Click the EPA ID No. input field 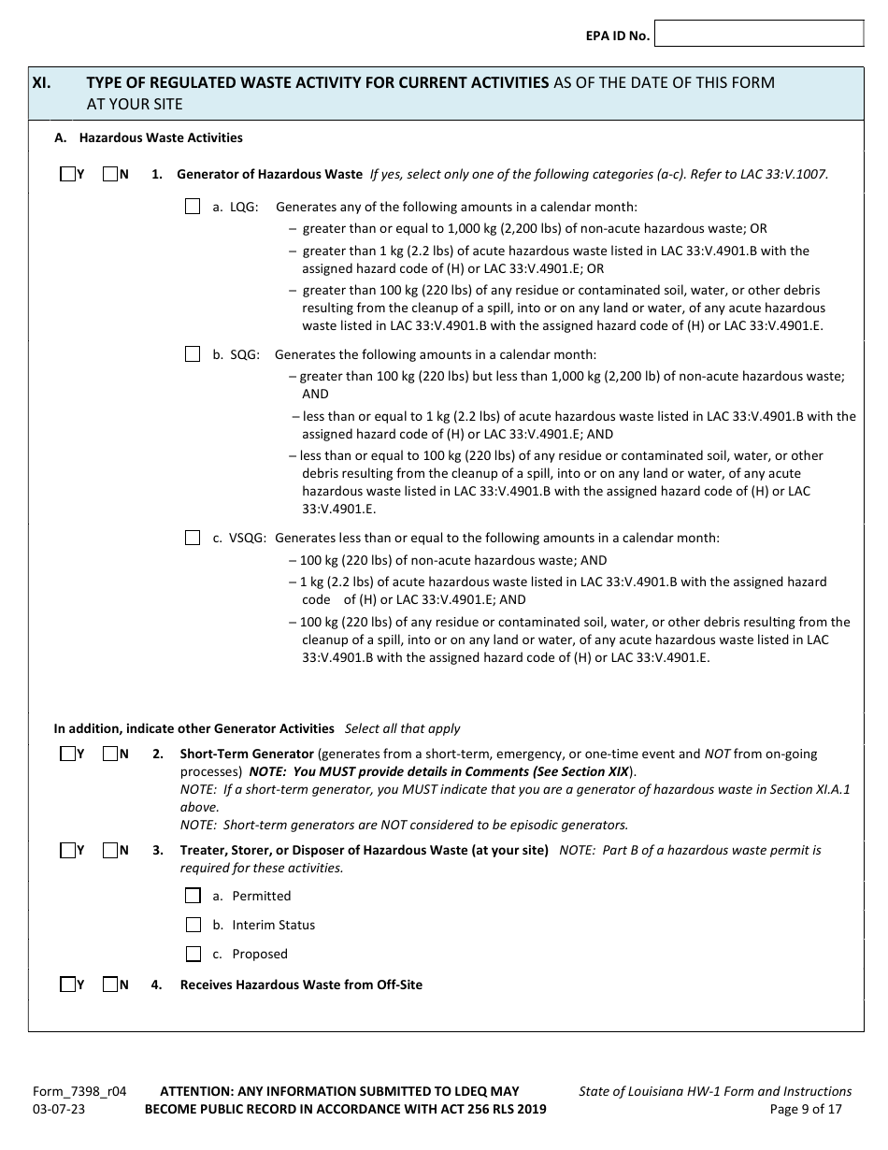tap(759, 35)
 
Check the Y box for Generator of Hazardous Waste tap(67, 174)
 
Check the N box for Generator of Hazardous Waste tap(110, 174)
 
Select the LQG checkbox tap(193, 207)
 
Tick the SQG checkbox tap(193, 354)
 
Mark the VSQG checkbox tap(193, 538)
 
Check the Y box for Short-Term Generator tap(67, 754)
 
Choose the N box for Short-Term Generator tap(110, 754)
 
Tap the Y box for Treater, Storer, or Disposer tap(67, 851)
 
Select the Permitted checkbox tap(193, 896)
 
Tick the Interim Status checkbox tap(193, 925)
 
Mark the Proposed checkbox tap(193, 954)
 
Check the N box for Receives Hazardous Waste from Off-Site tap(110, 985)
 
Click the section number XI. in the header tap(42, 82)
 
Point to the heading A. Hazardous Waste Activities tap(149, 138)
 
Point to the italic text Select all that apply tap(403, 728)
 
